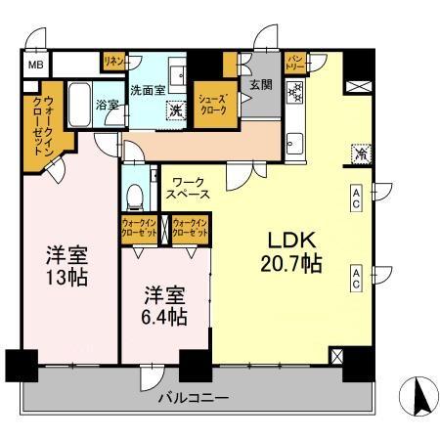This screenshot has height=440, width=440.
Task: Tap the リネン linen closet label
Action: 112,62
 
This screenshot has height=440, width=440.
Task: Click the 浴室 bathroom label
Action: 108,104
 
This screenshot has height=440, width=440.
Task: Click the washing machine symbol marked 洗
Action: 177,109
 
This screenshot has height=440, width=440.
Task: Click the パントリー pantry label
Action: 295,63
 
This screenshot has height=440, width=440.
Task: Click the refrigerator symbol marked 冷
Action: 360,153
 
